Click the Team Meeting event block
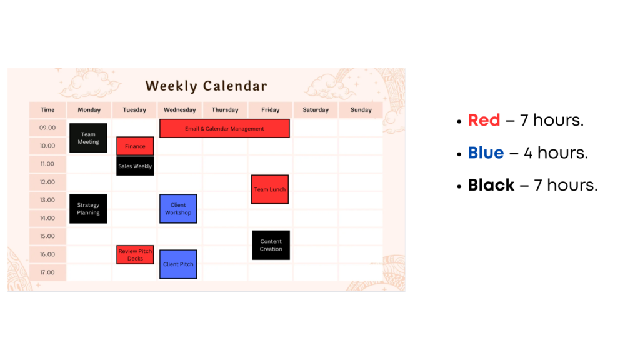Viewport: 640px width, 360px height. [88, 138]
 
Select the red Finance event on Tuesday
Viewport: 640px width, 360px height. [135, 146]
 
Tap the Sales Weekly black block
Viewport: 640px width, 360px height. [135, 166]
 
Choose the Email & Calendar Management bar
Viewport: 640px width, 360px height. [224, 129]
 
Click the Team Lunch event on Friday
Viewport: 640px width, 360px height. [270, 189]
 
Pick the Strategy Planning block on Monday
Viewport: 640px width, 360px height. [88, 209]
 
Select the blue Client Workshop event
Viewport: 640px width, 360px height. [178, 209]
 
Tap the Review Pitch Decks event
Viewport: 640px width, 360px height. [135, 255]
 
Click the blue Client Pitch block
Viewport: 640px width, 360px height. [178, 264]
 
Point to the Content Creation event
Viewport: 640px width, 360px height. [271, 245]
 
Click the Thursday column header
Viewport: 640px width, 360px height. [225, 110]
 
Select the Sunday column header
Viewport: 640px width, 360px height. [361, 110]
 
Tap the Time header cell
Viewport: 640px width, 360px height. [47, 110]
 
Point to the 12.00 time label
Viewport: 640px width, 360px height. [47, 182]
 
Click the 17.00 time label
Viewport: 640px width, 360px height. [47, 272]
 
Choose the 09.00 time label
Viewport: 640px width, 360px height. [47, 127]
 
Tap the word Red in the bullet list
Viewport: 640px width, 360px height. [484, 120]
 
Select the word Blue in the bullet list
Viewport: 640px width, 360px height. [486, 152]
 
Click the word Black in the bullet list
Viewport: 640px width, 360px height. [491, 185]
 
